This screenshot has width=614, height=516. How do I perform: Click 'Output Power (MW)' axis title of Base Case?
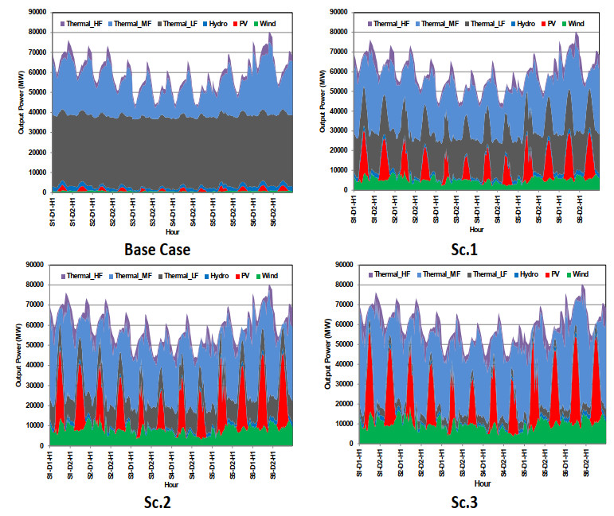pos(22,103)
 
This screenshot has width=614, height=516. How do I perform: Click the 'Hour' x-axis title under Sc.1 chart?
pos(475,231)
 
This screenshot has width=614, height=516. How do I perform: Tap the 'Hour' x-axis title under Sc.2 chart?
pos(171,483)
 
